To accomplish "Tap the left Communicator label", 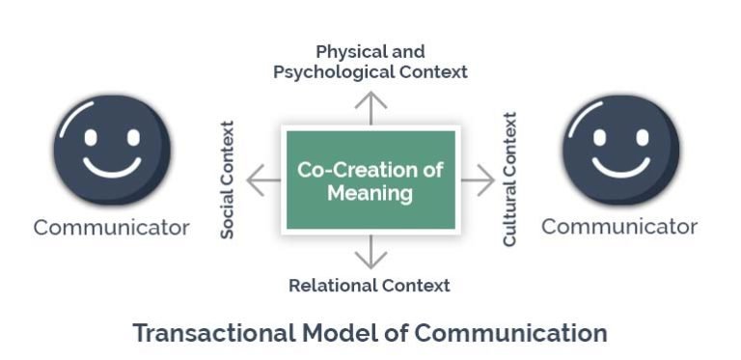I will point(112,228).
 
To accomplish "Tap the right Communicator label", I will point(619,227).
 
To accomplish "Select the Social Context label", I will point(228,180).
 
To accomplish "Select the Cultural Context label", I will point(509,180).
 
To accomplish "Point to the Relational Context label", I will point(370,285).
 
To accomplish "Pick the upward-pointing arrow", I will point(370,105).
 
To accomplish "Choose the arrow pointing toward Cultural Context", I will point(478,180).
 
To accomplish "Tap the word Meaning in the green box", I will point(370,193).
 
